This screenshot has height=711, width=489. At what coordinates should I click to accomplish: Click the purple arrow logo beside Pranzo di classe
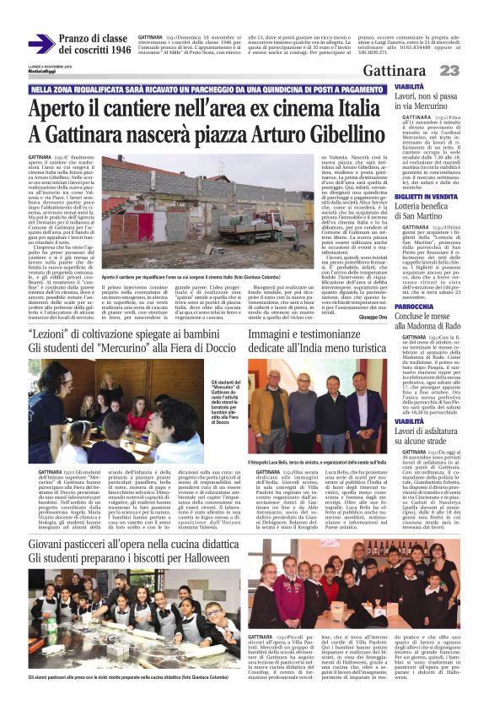(41, 42)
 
